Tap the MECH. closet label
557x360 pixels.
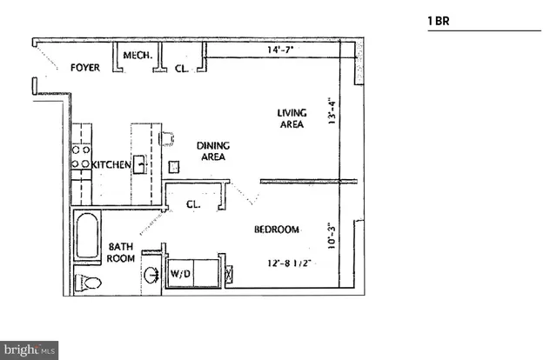[x=138, y=56]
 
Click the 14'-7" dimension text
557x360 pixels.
[x=280, y=51]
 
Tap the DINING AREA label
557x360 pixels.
[x=211, y=151]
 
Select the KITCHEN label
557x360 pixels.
[x=111, y=163]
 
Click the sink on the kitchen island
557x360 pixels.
[x=138, y=163]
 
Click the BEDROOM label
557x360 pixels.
[x=277, y=230]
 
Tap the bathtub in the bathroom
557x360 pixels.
[x=87, y=235]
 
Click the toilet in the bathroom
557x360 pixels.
[x=88, y=282]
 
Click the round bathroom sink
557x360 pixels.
[x=152, y=275]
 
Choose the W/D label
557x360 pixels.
[x=181, y=275]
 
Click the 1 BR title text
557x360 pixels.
[x=439, y=18]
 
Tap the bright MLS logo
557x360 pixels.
[x=30, y=350]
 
